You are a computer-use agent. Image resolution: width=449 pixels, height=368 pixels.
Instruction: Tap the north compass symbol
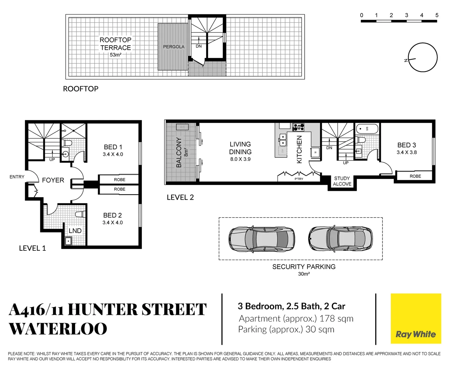pos(422,58)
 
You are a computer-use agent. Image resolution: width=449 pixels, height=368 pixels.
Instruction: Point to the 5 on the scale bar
pos(437,15)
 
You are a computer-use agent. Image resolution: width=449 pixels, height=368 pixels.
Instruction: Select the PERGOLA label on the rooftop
pos(174,47)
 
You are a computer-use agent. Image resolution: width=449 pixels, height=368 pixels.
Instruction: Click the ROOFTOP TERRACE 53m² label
pos(115,47)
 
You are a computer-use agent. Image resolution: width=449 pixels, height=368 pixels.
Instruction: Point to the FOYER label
pos(53,180)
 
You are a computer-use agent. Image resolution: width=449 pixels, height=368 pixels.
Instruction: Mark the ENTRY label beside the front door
pos(17,177)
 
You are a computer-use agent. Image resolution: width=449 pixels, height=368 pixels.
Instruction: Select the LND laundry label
pos(75,231)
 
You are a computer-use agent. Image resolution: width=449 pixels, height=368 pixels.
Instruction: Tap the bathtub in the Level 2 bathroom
pos(367,129)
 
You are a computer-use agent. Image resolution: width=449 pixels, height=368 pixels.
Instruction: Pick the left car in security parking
pos(262,239)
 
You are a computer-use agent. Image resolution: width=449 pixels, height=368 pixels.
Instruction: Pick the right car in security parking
pos(340,239)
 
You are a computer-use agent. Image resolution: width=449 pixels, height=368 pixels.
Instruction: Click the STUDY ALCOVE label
pos(342,181)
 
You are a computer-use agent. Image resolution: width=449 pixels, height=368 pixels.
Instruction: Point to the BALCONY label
pos(179,152)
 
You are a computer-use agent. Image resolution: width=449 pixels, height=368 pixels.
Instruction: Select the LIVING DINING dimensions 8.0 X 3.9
pos(240,159)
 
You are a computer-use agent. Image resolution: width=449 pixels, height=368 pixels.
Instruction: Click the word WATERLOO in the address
pos(58,329)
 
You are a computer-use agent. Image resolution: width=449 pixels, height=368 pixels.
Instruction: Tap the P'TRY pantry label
pos(299,179)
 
